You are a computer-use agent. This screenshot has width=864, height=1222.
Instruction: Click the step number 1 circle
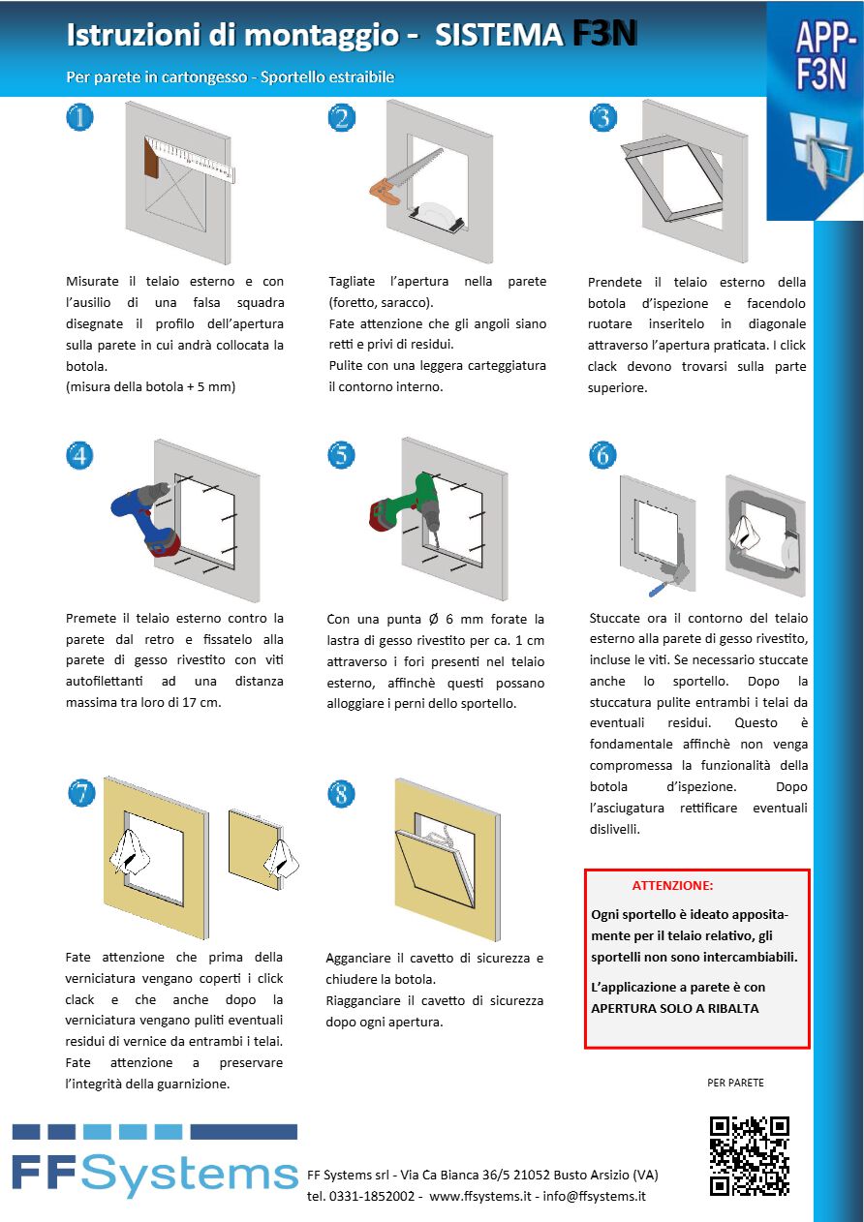79,118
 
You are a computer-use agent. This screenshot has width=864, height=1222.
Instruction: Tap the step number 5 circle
341,455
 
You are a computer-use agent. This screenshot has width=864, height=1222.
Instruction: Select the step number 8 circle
341,794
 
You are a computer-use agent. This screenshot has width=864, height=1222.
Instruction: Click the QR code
749,1155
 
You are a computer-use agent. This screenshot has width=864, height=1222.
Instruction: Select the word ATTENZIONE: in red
672,885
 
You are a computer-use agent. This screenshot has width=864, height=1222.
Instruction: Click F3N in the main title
603,35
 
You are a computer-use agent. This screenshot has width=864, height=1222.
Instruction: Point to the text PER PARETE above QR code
735,1083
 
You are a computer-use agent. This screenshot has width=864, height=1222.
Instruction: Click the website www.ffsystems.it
480,1196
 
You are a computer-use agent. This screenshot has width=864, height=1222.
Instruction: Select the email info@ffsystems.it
594,1196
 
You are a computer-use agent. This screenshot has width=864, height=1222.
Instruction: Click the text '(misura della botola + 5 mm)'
150,387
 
